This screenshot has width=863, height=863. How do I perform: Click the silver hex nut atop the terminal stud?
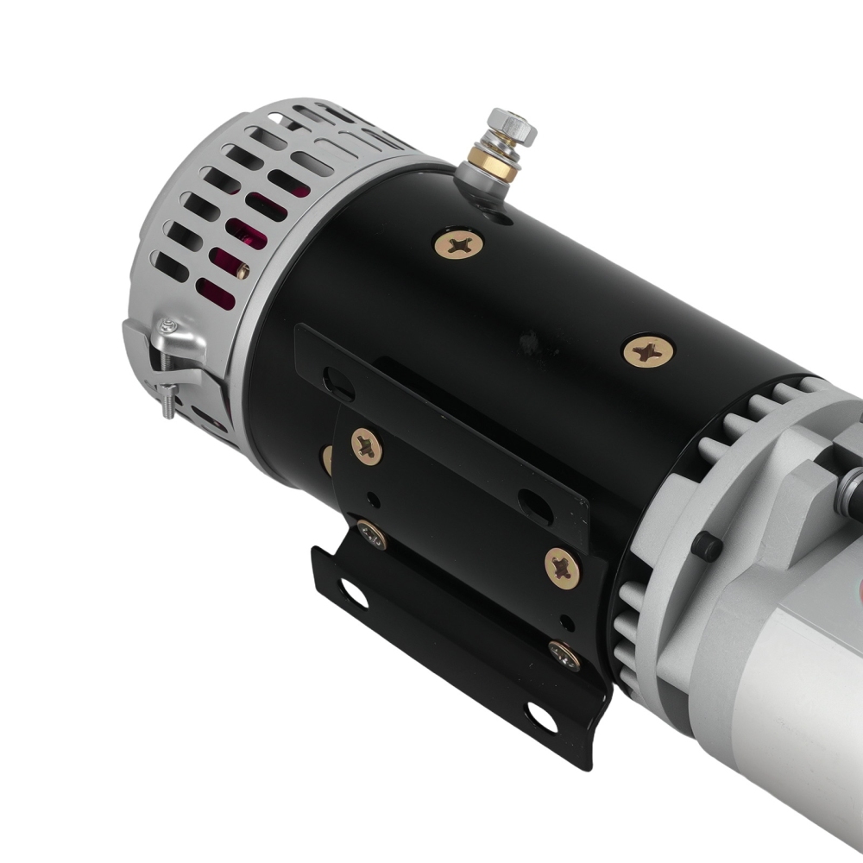pyautogui.click(x=511, y=128)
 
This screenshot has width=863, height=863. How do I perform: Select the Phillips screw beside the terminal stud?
pyautogui.click(x=458, y=245)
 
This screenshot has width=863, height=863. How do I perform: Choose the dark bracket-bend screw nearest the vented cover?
pyautogui.click(x=372, y=536)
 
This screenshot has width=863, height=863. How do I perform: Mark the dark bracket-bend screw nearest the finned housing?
pyautogui.click(x=564, y=655)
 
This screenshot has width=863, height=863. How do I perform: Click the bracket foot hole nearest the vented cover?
pyautogui.click(x=352, y=593)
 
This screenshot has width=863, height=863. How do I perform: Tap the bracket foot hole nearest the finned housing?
pyautogui.click(x=542, y=715)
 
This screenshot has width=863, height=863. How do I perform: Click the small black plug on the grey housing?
pyautogui.click(x=708, y=545)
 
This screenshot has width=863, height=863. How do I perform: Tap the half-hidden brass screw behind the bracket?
pyautogui.click(x=327, y=457)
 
